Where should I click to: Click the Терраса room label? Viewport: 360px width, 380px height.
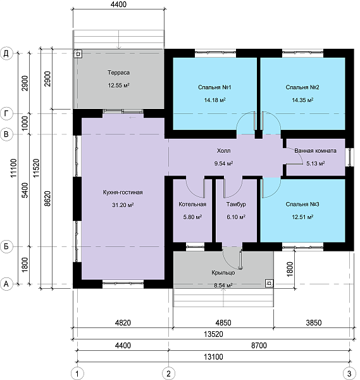118,72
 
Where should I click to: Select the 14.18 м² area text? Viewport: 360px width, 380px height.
214,100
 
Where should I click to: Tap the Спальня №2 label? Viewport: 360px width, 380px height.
302,87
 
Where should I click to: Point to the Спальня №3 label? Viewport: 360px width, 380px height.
302,204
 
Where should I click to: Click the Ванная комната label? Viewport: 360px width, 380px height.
315,151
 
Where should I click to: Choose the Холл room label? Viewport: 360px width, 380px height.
223,151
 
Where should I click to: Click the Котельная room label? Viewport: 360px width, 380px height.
192,204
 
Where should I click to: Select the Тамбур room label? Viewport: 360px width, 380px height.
236,204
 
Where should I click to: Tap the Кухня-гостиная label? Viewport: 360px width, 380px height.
123,192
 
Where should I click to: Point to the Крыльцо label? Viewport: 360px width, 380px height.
223,272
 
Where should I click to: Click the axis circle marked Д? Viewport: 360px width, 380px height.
6,53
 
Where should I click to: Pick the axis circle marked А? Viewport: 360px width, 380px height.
6,284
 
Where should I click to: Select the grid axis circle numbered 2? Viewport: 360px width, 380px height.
168,374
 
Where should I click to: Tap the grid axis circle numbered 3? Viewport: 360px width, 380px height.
349,374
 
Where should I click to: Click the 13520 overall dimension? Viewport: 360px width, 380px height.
213,334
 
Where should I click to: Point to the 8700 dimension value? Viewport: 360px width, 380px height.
259,345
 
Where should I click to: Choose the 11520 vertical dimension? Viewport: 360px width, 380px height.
36,168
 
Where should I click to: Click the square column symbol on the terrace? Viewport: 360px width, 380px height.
78,54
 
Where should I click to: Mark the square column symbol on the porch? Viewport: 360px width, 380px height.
270,283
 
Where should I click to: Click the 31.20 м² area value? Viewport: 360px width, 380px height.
123,205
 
